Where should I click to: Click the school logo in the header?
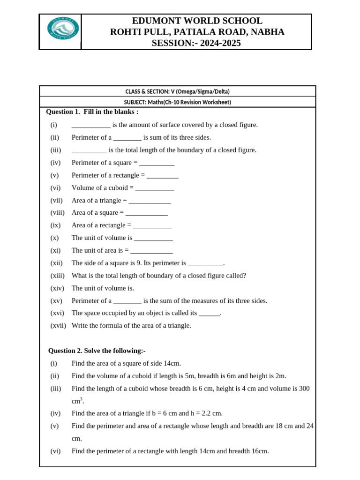(63, 29)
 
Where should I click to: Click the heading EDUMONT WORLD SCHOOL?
(197, 21)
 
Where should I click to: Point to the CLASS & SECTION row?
(177, 91)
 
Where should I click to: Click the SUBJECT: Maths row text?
(177, 102)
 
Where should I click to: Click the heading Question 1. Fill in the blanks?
(92, 112)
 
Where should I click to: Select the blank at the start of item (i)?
(91, 125)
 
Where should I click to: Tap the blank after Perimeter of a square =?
(157, 163)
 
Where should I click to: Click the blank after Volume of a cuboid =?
(155, 188)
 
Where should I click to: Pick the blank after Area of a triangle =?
(150, 201)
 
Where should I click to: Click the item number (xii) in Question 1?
(56, 263)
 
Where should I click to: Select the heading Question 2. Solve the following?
(97, 351)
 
